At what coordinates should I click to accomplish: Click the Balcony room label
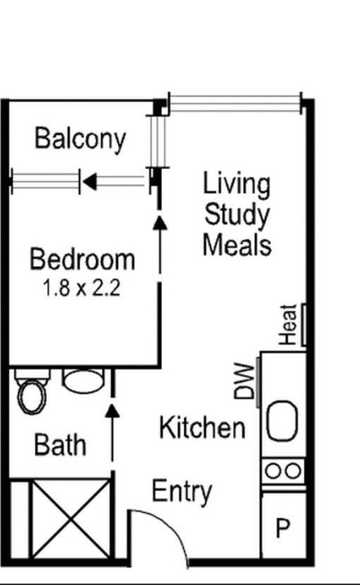point(80,139)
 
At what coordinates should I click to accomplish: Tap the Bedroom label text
point(82,260)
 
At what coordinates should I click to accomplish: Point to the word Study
point(237,214)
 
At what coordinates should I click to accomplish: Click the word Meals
point(237,245)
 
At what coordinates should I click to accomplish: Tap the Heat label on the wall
point(289,325)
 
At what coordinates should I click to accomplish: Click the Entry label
point(182,491)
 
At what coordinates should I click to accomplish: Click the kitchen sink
point(284,422)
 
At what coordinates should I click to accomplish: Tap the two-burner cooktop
point(284,470)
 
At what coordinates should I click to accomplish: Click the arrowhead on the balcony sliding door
point(90,182)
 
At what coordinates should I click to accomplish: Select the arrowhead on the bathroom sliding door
point(112,410)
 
